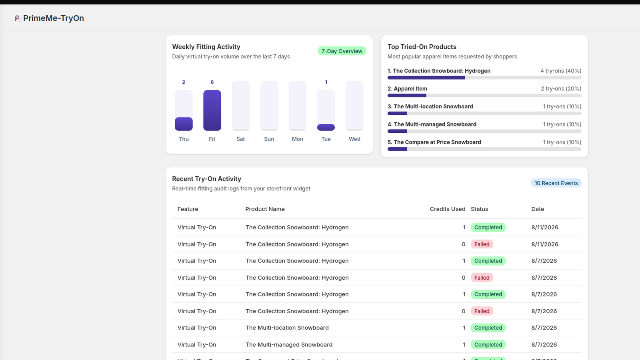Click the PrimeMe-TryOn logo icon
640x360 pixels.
[18, 18]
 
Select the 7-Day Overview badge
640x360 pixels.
[342, 51]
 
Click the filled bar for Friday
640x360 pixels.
[212, 110]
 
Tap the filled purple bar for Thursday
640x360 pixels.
[184, 124]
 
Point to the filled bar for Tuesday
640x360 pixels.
[326, 128]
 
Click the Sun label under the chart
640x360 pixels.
[269, 139]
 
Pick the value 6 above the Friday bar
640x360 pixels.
[212, 82]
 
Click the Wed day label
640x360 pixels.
[354, 139]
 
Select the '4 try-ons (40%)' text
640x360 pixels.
[561, 71]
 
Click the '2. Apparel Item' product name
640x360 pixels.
[407, 89]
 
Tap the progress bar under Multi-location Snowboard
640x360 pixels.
[484, 114]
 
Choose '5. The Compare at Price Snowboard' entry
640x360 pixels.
[434, 142]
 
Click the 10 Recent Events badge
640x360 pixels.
[556, 183]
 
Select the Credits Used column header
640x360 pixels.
[448, 209]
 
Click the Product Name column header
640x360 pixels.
[265, 209]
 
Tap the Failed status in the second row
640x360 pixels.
[482, 244]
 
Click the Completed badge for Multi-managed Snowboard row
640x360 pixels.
[488, 344]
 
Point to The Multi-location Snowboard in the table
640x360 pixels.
[287, 328]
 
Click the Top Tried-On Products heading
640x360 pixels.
[422, 47]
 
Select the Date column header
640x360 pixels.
[538, 209]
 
